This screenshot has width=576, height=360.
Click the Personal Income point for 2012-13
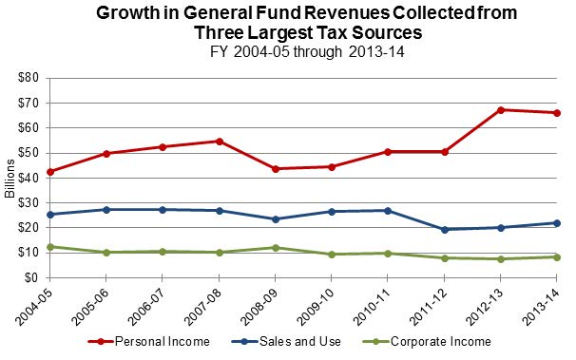501,110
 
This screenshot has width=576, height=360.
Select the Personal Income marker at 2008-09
276,169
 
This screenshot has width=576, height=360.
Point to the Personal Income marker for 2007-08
220,142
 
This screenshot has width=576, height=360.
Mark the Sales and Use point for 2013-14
557,223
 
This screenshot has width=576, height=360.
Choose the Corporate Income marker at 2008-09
276,248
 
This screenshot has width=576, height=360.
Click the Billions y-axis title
9,179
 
